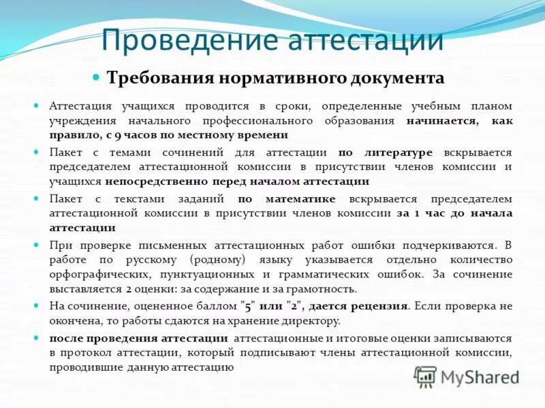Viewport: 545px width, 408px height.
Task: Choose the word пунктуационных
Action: click(206, 273)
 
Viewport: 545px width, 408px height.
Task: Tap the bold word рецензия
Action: click(378, 306)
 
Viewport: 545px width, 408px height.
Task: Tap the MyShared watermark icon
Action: click(426, 375)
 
